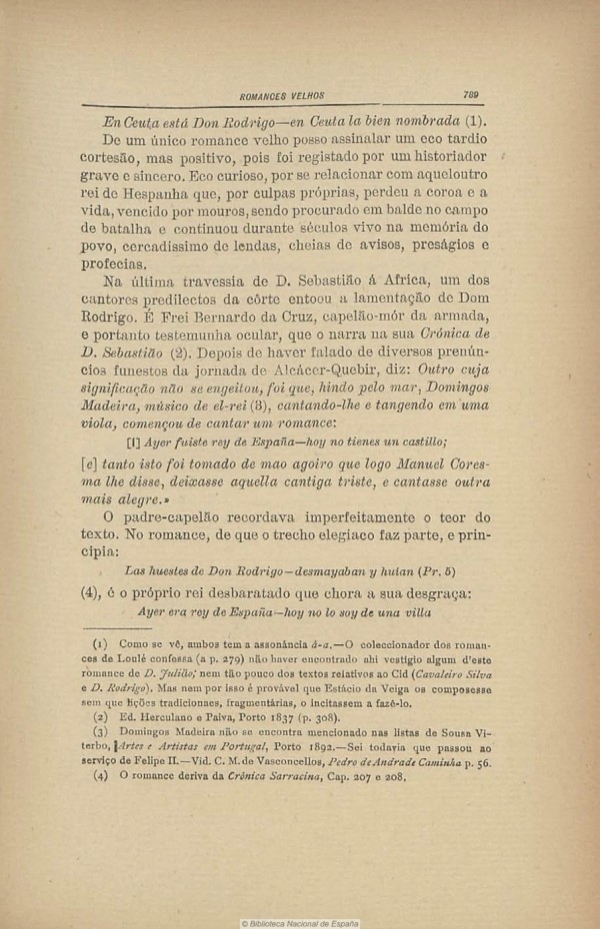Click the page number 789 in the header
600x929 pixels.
click(x=471, y=95)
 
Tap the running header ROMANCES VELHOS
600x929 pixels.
click(x=283, y=96)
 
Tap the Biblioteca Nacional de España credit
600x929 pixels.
click(x=300, y=923)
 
